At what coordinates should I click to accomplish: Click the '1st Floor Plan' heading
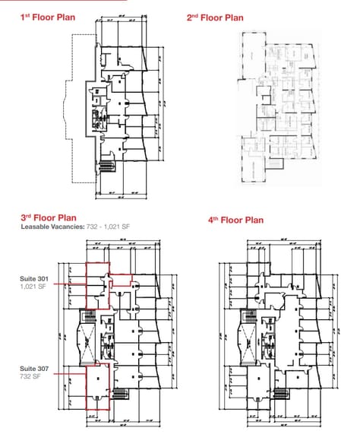click(48, 17)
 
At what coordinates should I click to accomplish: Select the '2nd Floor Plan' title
click(215, 17)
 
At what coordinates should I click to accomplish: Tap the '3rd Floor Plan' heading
click(49, 217)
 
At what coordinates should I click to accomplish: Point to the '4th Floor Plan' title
click(235, 220)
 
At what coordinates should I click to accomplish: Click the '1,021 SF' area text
click(33, 288)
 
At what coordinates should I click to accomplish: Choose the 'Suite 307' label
click(34, 368)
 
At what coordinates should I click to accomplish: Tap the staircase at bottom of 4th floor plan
click(279, 393)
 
